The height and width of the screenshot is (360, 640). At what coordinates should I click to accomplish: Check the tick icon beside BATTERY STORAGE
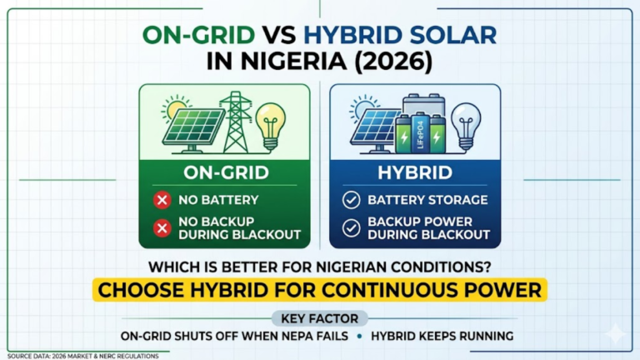coord(351,200)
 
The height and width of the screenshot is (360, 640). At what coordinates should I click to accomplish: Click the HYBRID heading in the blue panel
coord(415,173)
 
